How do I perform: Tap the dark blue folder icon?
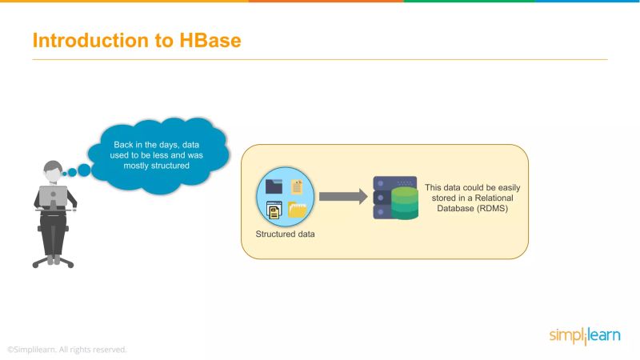point(274,186)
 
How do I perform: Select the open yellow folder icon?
point(298,210)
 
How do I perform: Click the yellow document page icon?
point(298,186)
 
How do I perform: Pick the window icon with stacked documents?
point(274,210)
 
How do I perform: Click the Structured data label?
point(286,234)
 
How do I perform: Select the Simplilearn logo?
point(584,335)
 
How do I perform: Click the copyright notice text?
point(67,350)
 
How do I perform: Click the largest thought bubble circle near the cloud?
point(84,170)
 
